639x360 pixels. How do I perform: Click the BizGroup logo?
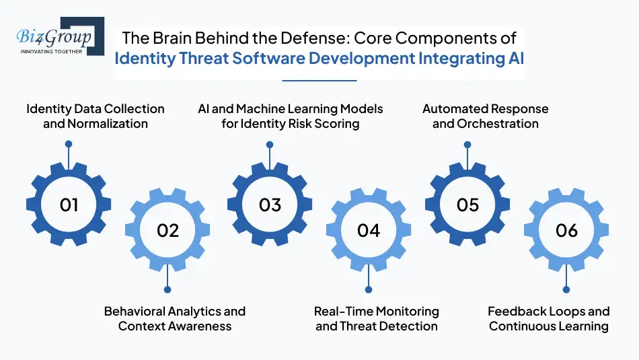57,38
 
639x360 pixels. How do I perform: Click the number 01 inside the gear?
69,205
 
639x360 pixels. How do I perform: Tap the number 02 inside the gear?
167,230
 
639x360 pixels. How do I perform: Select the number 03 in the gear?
270,205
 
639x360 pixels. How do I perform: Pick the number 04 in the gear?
369,230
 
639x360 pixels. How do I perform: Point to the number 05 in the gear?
467,205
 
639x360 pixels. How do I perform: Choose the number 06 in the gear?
566,230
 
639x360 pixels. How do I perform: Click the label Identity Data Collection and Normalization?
95,116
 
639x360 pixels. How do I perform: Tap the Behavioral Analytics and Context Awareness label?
175,318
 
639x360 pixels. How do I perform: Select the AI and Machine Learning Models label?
290,116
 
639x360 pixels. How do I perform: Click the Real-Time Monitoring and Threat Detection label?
377,318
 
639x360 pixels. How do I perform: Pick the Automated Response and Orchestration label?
486,116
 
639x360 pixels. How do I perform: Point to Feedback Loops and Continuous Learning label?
549,318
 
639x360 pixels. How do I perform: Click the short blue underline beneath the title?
319,80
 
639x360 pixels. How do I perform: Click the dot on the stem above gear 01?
68,144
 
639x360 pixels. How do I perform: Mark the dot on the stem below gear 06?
566,291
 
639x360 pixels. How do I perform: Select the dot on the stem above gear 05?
467,144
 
